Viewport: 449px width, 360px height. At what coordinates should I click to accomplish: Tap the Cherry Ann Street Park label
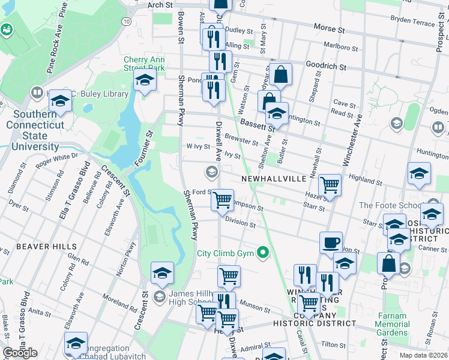144,64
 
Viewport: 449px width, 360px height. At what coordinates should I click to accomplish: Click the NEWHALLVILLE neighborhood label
274,179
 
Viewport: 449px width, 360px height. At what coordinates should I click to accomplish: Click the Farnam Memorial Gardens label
392,324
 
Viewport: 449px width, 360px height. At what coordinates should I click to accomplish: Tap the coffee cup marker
331,243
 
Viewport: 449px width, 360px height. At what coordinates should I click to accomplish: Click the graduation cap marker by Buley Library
59,101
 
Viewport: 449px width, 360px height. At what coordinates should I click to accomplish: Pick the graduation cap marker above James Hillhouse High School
162,273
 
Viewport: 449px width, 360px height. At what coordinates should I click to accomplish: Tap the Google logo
20,353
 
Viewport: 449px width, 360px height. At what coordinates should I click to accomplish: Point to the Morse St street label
330,28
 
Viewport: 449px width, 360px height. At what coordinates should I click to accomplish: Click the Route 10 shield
126,21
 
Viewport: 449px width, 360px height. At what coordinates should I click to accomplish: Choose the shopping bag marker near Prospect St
388,263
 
